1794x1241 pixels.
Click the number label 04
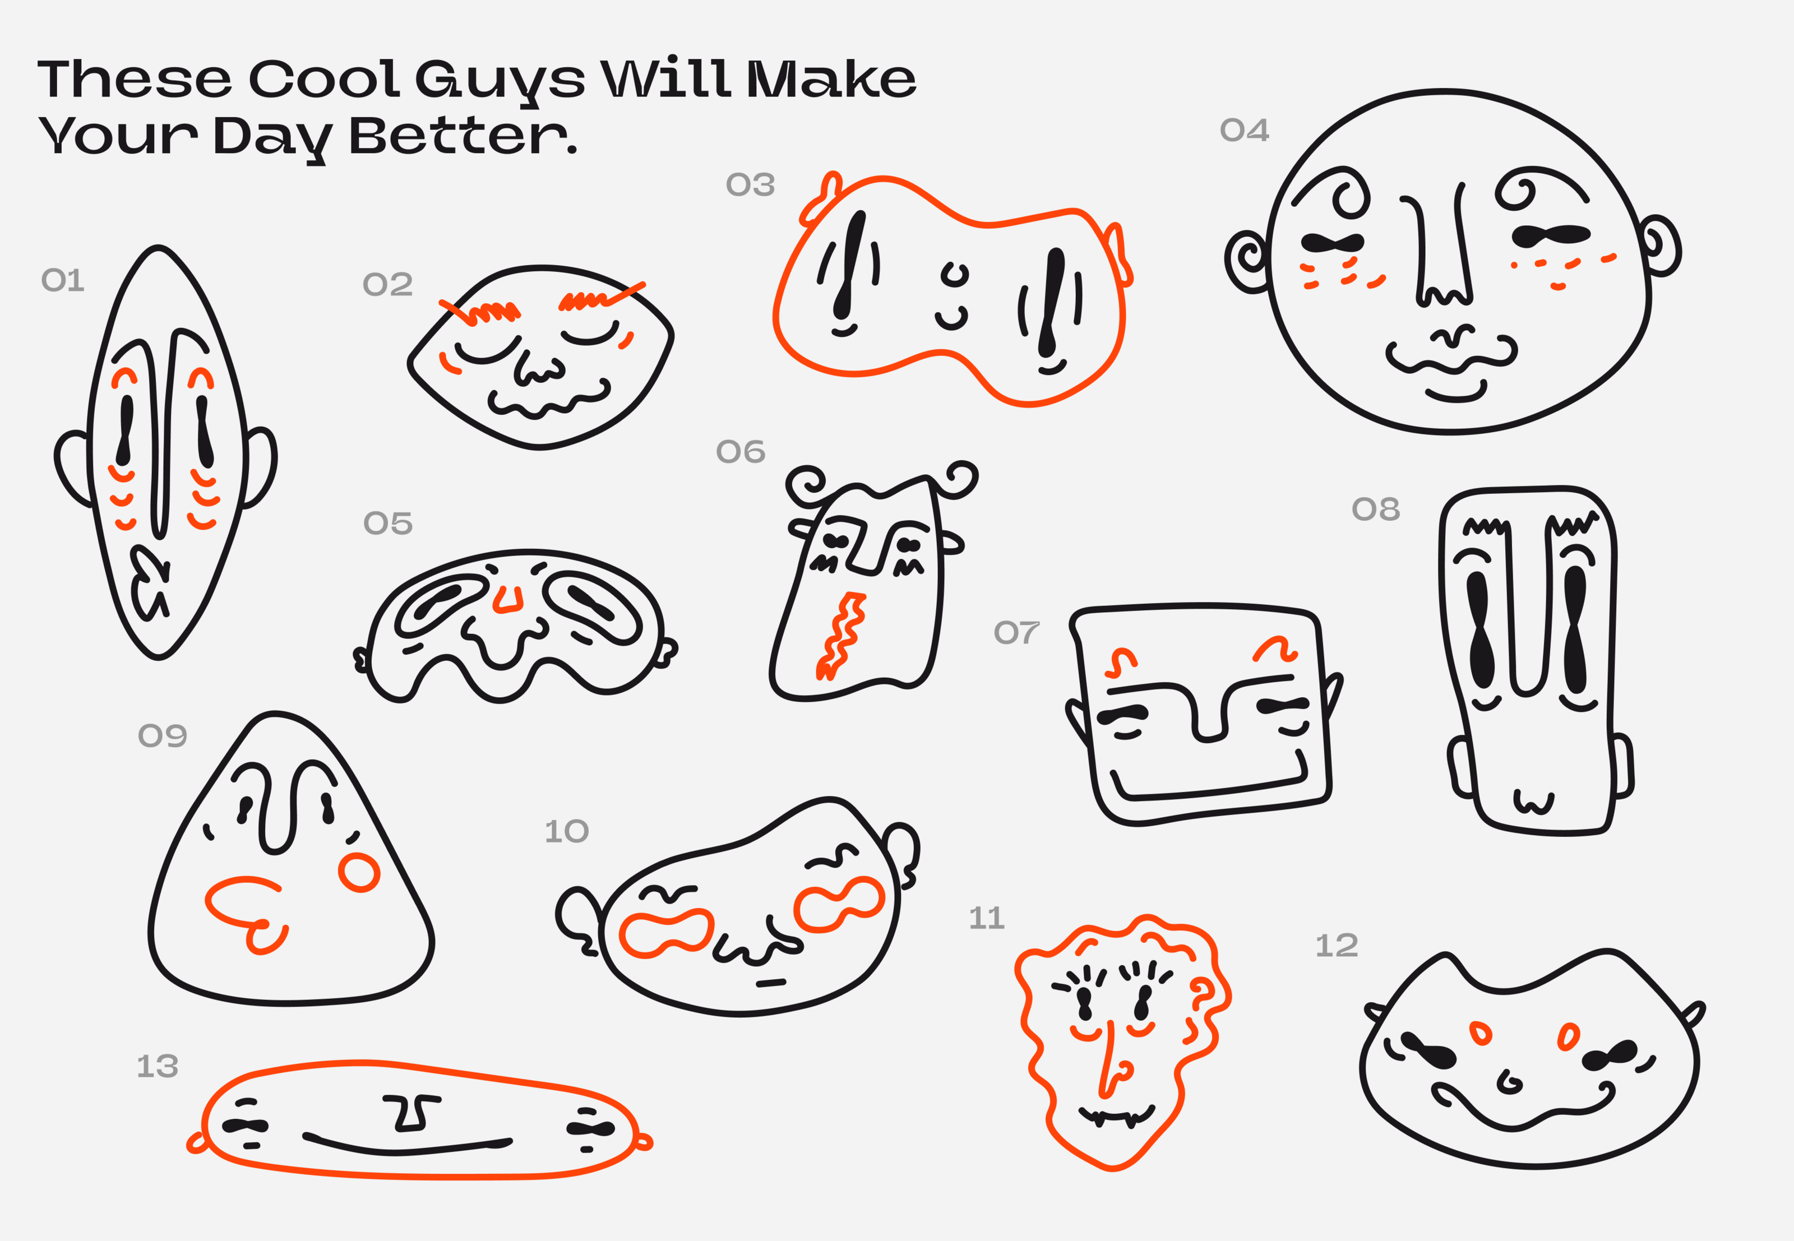[x=1244, y=130]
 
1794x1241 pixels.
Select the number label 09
[x=163, y=735]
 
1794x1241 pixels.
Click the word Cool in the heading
[x=323, y=79]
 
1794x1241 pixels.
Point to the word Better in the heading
[x=463, y=136]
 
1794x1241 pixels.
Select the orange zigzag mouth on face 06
[x=840, y=635]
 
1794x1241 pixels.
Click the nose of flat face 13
[x=412, y=1113]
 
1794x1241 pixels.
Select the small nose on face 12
[x=1509, y=1082]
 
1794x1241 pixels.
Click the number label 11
[x=986, y=918]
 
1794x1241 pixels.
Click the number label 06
[x=741, y=452]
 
